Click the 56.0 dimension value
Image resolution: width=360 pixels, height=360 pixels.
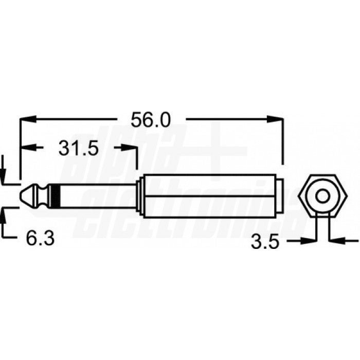click(x=150, y=120)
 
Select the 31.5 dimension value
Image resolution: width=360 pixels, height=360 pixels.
click(x=78, y=149)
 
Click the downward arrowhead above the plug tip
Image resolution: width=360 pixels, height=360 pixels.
click(x=4, y=177)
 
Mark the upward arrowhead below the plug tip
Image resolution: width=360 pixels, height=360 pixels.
click(x=4, y=213)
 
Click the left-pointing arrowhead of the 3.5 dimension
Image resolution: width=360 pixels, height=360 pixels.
click(x=335, y=240)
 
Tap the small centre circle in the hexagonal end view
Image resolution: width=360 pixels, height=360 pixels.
click(x=322, y=196)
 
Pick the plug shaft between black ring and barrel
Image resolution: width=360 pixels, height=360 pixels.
click(x=98, y=196)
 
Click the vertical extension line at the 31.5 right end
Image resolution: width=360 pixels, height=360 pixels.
click(x=137, y=162)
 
